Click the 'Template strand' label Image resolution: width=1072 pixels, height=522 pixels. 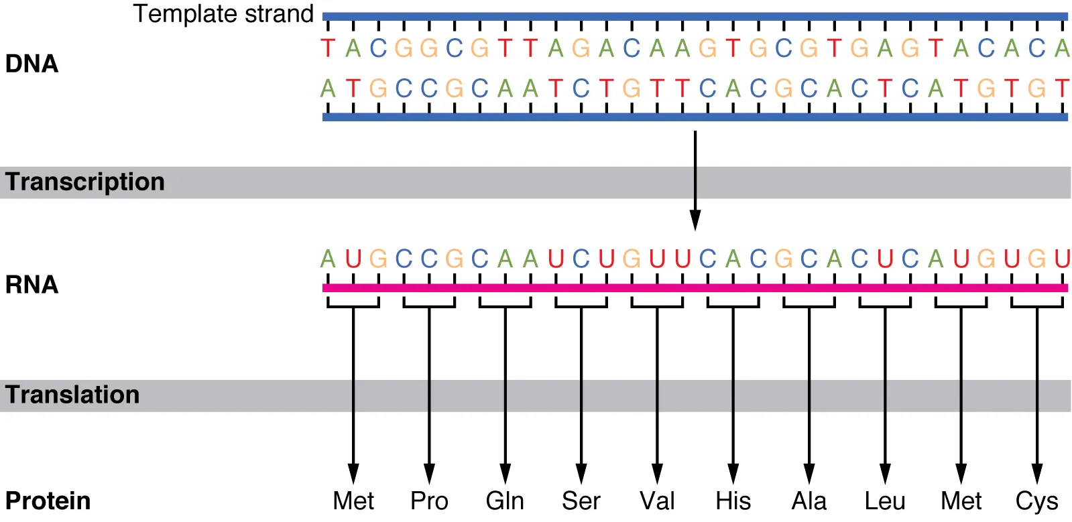pos(223,14)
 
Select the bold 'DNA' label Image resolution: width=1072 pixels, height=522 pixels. pos(32,64)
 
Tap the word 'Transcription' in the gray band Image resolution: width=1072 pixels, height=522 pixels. pos(85,182)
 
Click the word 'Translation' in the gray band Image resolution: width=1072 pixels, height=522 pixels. pos(72,395)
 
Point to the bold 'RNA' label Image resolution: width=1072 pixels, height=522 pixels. pos(32,285)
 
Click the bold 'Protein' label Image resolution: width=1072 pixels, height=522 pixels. pos(48,501)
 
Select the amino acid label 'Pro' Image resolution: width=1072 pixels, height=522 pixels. pos(429,501)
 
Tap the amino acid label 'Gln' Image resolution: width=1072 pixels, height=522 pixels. pos(505,501)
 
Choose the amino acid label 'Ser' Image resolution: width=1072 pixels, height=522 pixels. pos(581,501)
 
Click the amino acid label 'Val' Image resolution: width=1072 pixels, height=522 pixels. pos(657,501)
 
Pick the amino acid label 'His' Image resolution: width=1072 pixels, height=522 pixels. pos(733,501)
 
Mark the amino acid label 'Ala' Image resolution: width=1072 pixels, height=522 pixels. pos(809,501)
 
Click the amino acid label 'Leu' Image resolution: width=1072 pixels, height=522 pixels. pos(885,501)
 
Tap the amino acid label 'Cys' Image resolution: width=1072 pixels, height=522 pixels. pos(1036,501)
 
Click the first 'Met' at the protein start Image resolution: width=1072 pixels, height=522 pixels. pos(353,501)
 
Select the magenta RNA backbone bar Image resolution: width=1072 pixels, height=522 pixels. pos(695,288)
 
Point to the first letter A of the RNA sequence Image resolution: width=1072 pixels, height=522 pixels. pos(328,259)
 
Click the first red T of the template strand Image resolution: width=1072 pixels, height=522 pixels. pos(328,48)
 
